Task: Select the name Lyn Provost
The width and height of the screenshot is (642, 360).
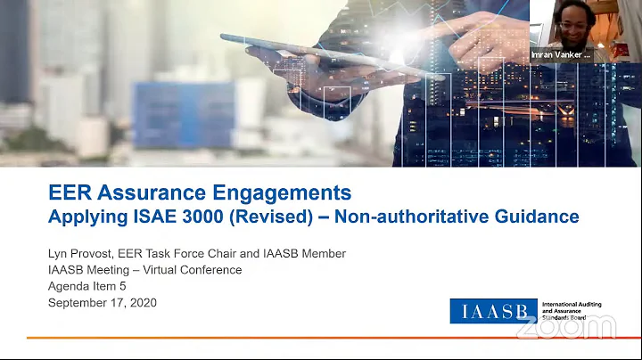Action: click(x=83, y=254)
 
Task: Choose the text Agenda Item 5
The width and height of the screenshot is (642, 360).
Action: click(x=88, y=286)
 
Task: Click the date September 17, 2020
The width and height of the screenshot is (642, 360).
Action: click(x=102, y=302)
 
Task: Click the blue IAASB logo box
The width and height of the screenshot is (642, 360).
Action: click(x=493, y=311)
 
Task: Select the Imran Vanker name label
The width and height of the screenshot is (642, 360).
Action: click(x=560, y=54)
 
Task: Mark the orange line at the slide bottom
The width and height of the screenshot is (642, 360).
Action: click(x=321, y=338)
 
